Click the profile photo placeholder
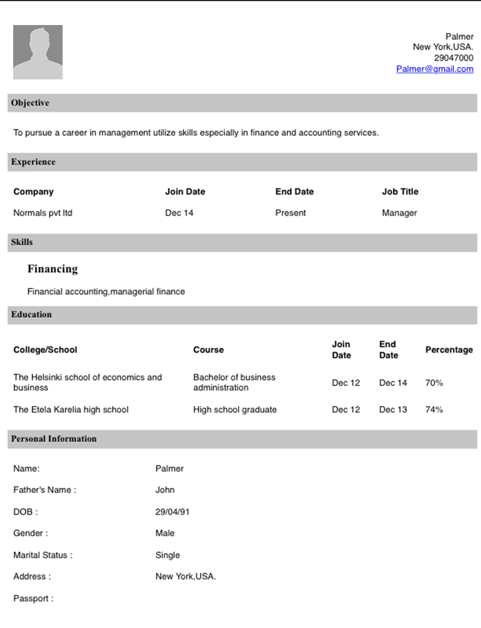click(x=38, y=52)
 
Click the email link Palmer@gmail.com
click(x=435, y=69)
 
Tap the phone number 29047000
click(x=453, y=58)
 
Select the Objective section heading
click(x=30, y=103)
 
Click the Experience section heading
click(x=33, y=162)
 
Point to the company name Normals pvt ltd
click(x=43, y=213)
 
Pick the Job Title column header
click(x=400, y=191)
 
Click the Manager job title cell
click(x=399, y=213)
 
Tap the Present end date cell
click(x=291, y=213)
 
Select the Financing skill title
click(x=53, y=269)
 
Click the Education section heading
click(x=31, y=315)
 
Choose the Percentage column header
click(x=449, y=350)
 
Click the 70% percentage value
click(x=434, y=383)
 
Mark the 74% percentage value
click(x=434, y=410)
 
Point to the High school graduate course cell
click(x=235, y=410)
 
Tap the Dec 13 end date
click(x=393, y=410)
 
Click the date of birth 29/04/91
click(x=172, y=512)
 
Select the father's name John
click(x=165, y=490)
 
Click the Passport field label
click(x=33, y=599)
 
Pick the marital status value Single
click(x=167, y=555)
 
